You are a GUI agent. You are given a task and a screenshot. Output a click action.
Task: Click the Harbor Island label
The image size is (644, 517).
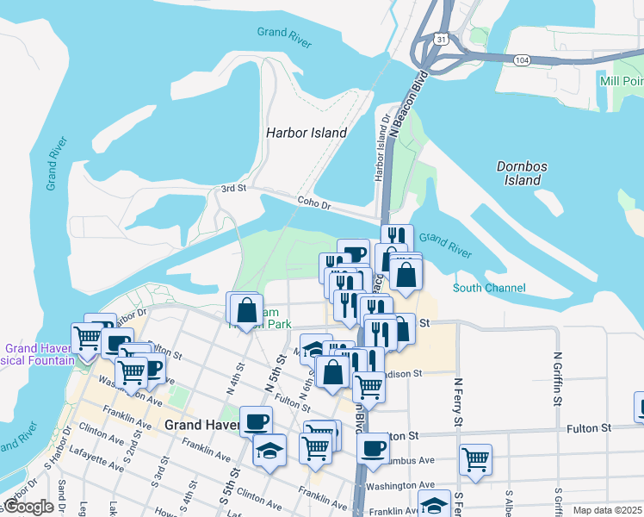pos(306,133)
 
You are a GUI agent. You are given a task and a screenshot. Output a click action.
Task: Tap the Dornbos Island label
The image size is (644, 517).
pos(523,173)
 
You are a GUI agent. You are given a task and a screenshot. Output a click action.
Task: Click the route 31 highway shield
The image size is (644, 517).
pos(440,40)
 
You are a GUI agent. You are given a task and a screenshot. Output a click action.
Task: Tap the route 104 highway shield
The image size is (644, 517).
pos(521,60)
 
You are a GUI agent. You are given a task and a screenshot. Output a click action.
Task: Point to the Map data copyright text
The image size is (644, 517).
pos(606,510)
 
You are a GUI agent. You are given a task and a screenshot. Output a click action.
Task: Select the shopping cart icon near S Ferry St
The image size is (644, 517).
pos(475,459)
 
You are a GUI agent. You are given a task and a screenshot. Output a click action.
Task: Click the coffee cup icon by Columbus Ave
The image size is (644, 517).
pos(374,449)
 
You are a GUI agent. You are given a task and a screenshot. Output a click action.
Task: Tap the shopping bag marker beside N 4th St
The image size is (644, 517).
pos(246,309)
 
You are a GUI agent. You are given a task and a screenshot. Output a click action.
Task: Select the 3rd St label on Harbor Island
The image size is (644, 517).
pos(233,188)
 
